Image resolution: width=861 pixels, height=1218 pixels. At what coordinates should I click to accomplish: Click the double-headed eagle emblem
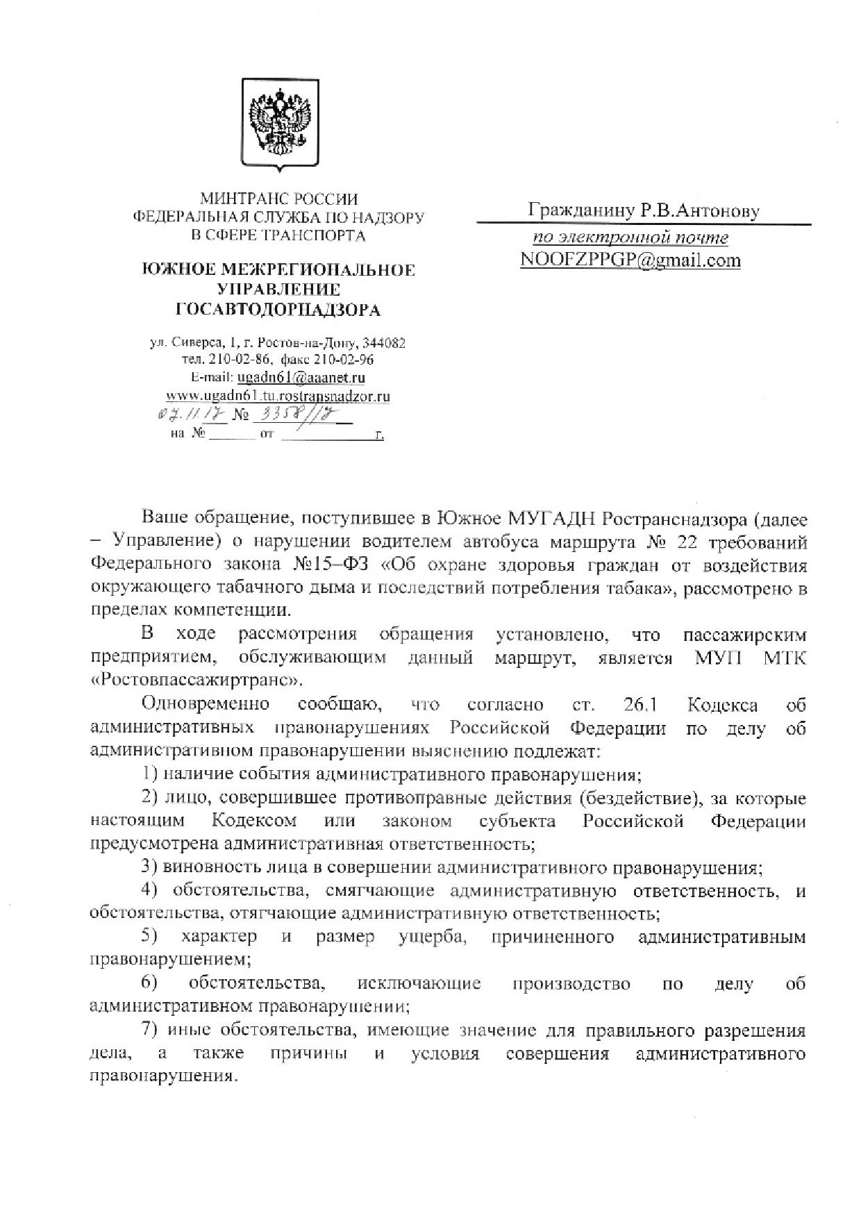click(x=280, y=124)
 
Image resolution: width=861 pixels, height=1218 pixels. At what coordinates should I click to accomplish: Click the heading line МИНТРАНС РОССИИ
click(x=279, y=199)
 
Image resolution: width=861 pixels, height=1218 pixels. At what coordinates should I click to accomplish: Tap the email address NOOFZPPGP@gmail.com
click(x=630, y=260)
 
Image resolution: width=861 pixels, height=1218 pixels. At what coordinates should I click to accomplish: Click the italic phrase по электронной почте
click(x=630, y=238)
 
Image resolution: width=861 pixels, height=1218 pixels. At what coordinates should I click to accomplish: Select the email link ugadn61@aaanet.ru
click(x=301, y=378)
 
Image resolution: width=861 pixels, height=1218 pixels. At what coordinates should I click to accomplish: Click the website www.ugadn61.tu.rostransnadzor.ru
click(x=278, y=396)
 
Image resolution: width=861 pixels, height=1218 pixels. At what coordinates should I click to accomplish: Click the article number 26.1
click(x=640, y=705)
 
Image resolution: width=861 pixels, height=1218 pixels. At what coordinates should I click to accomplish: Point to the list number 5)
click(x=149, y=937)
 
